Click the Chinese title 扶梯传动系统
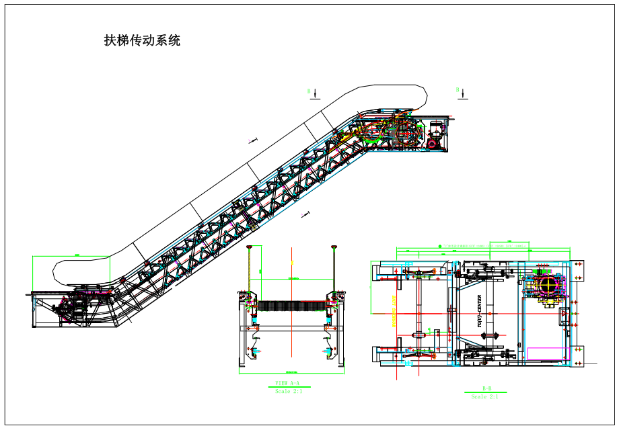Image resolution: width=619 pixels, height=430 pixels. point(142,41)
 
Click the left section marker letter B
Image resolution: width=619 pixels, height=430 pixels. point(309,91)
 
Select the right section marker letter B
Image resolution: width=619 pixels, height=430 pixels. point(458,89)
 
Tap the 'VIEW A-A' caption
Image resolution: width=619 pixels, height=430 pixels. point(288,384)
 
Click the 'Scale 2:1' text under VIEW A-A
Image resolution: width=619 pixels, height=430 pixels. point(288,391)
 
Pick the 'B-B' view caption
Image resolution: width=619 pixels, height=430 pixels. point(487,388)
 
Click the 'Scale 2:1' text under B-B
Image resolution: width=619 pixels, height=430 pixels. point(484,396)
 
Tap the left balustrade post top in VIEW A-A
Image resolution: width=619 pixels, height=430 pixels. point(250,248)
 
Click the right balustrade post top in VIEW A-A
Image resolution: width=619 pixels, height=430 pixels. point(334,248)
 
